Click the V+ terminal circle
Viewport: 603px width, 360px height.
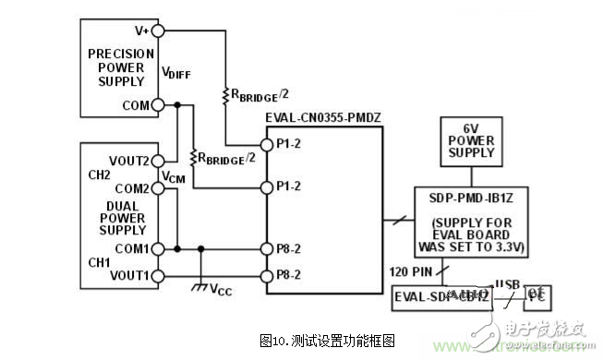[x=158, y=30]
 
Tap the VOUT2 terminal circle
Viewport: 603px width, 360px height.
[x=158, y=161]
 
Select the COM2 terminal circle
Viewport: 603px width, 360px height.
[x=158, y=188]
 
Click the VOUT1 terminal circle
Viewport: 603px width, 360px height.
[x=158, y=275]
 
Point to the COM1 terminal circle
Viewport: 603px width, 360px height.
[x=158, y=248]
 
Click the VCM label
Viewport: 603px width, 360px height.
[x=173, y=175]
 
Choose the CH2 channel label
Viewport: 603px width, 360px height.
[x=100, y=174]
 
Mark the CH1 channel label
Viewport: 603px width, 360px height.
[x=100, y=262]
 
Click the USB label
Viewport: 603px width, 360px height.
[x=506, y=283]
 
